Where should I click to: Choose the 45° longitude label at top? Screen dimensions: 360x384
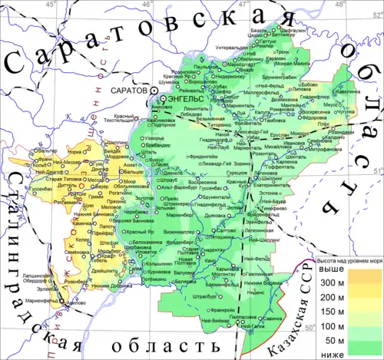click(51, 5)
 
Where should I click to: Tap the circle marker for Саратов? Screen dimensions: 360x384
click(154, 91)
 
